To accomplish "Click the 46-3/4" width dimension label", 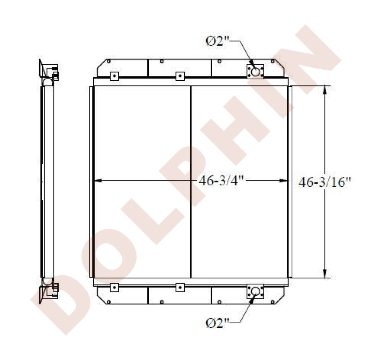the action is pos(221,181).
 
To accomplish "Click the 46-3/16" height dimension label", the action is pos(324,182).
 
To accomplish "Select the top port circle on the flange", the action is pos(255,72).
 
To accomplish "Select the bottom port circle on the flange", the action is pos(255,291).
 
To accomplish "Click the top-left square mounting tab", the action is pos(115,76).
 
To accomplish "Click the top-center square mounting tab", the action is pos(180,76).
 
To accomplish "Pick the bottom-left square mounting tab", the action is pos(115,287).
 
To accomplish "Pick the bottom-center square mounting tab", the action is pos(180,287).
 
